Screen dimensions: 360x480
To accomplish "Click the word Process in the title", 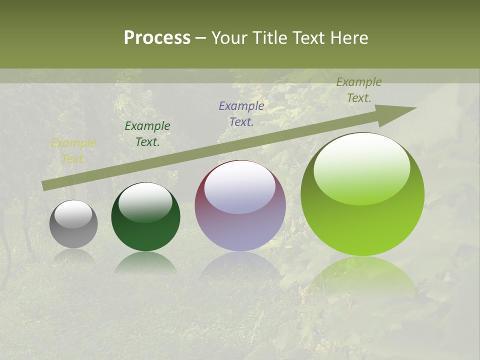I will [157, 38].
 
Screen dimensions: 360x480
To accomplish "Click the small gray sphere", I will [73, 224].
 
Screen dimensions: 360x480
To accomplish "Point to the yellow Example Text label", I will [73, 151].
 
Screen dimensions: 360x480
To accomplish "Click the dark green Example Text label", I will [147, 134].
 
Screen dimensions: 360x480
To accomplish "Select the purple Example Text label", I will [241, 113].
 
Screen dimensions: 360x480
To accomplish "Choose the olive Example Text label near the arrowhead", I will [359, 90].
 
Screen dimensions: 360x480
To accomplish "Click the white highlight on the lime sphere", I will [362, 167].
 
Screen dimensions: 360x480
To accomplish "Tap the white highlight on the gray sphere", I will [73, 214].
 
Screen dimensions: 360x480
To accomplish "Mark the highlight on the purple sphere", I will [240, 187].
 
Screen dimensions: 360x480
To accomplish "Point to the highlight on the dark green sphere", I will [145, 201].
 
